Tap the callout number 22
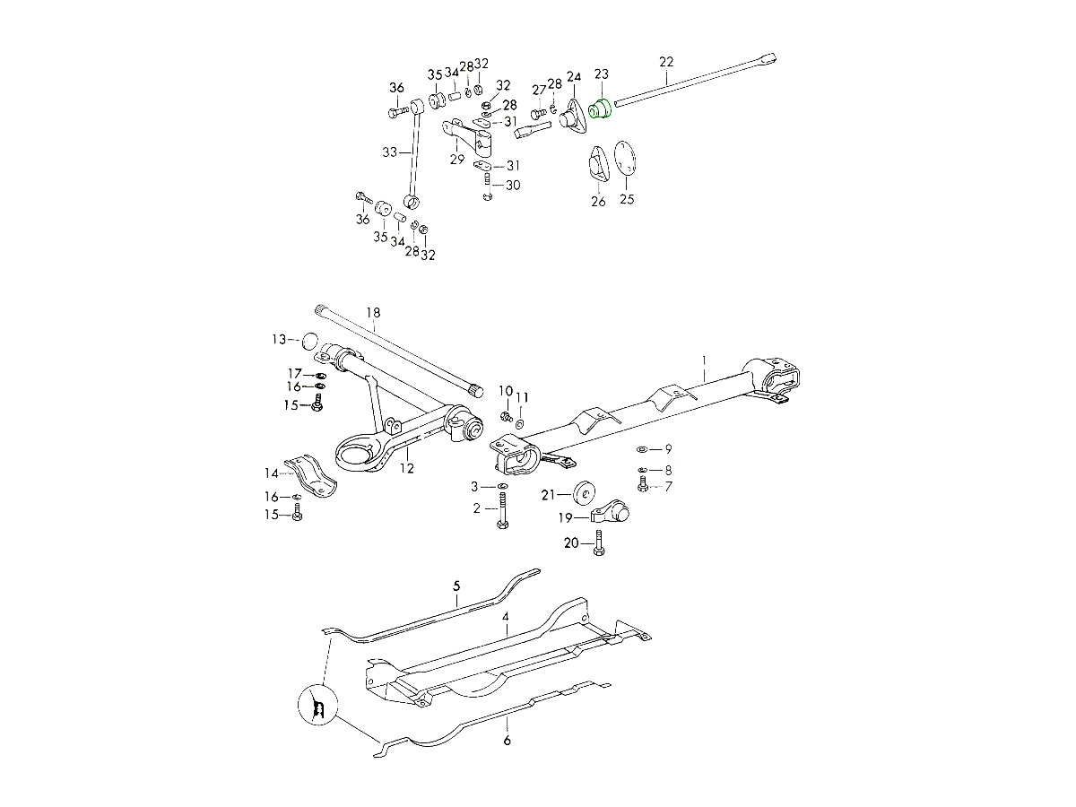[x=665, y=62]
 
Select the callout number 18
[x=373, y=312]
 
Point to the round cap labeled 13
[x=308, y=341]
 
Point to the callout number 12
[x=406, y=467]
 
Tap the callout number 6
[x=507, y=741]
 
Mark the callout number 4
[x=506, y=618]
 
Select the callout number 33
[x=388, y=152]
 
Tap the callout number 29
[x=456, y=159]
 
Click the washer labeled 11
[x=522, y=421]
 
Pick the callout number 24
[x=574, y=77]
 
